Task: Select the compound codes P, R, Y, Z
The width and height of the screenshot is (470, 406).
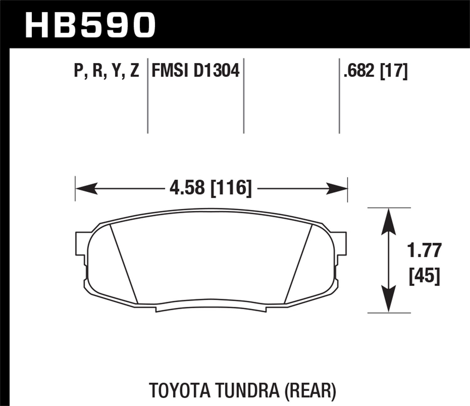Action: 107,70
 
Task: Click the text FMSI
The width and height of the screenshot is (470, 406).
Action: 170,70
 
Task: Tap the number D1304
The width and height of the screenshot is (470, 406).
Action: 217,70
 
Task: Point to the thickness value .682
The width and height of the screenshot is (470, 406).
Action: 359,71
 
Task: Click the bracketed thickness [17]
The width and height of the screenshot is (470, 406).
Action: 394,71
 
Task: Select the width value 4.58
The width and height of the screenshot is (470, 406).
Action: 187,188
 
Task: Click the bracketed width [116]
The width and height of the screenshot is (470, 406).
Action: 231,188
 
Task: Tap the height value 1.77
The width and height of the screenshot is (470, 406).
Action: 424,250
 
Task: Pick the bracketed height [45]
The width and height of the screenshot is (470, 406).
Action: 425,276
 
